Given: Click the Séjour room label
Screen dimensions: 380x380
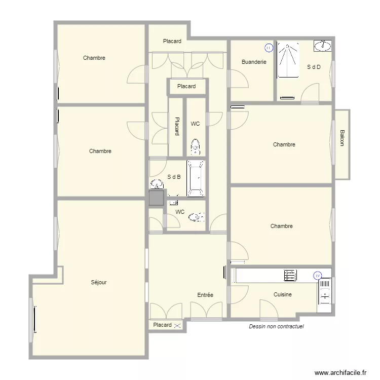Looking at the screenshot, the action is tap(99, 282).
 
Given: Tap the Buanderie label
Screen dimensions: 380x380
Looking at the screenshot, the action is tap(254, 62).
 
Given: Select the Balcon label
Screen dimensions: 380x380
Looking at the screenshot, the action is tap(342, 138).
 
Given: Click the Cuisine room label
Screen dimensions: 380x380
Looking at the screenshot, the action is tap(283, 294).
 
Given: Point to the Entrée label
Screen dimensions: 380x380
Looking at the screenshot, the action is tap(205, 295).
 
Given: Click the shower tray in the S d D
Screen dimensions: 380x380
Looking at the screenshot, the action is tap(288, 60).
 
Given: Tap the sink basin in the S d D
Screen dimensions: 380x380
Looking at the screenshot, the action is tap(323, 46).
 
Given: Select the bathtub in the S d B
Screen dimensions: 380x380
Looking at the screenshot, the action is tap(196, 178).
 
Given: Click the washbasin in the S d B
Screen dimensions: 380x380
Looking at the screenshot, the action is tap(157, 184).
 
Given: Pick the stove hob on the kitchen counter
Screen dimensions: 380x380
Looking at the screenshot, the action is tap(290, 276).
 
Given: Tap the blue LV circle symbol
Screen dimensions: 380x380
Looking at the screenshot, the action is tap(318, 276).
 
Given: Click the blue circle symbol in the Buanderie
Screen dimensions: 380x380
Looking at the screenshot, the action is tap(269, 48).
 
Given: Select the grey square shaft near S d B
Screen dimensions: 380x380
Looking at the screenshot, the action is tap(157, 198).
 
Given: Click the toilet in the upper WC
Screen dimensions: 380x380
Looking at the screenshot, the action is tap(196, 146).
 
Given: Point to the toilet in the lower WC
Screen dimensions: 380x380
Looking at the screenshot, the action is tap(196, 217).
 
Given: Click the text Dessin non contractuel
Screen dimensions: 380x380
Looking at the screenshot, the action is tap(276, 326).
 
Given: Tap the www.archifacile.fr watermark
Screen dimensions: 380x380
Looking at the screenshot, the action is tap(340, 373).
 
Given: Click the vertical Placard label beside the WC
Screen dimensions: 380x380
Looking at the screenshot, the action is tap(177, 126).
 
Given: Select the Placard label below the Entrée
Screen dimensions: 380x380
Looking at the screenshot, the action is tap(162, 325).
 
